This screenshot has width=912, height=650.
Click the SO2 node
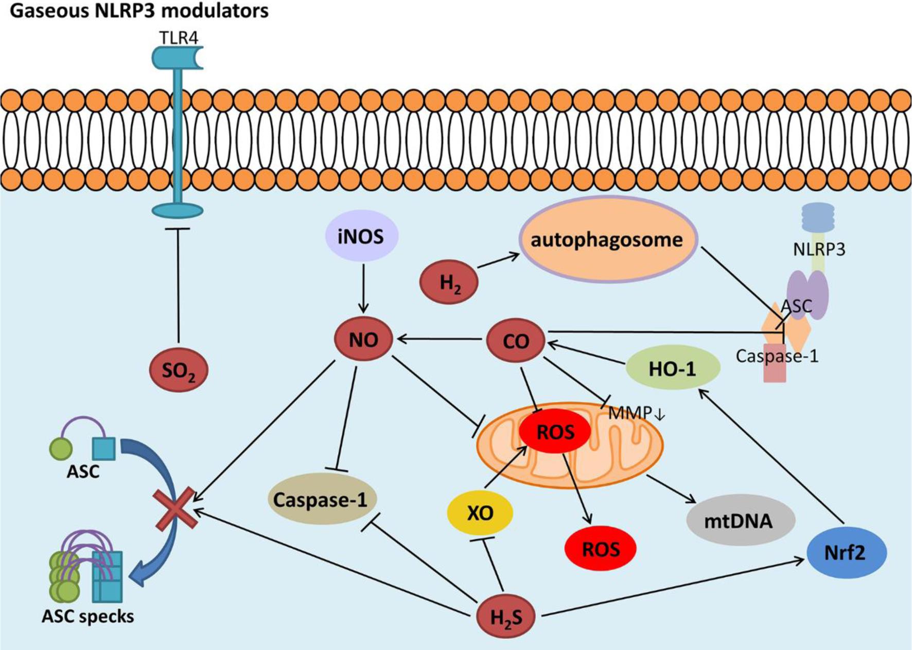[x=179, y=370]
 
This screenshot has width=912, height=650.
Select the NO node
[x=363, y=340]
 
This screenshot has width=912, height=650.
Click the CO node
[x=516, y=341]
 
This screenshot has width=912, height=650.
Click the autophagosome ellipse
[x=607, y=240]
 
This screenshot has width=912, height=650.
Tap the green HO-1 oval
[x=672, y=368]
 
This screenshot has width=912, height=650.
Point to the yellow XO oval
[x=480, y=513]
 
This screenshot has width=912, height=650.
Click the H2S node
[x=506, y=616]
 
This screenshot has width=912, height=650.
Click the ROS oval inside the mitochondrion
[x=555, y=432]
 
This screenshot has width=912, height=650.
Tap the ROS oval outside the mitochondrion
[x=601, y=549]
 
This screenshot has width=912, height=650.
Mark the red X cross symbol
[x=176, y=508]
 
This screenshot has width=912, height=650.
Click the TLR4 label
[x=178, y=38]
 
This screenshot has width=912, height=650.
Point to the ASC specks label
[x=88, y=616]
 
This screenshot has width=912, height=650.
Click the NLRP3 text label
[x=819, y=249]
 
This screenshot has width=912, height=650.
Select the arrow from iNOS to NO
[x=363, y=288]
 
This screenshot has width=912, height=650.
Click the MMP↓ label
[x=637, y=413]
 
